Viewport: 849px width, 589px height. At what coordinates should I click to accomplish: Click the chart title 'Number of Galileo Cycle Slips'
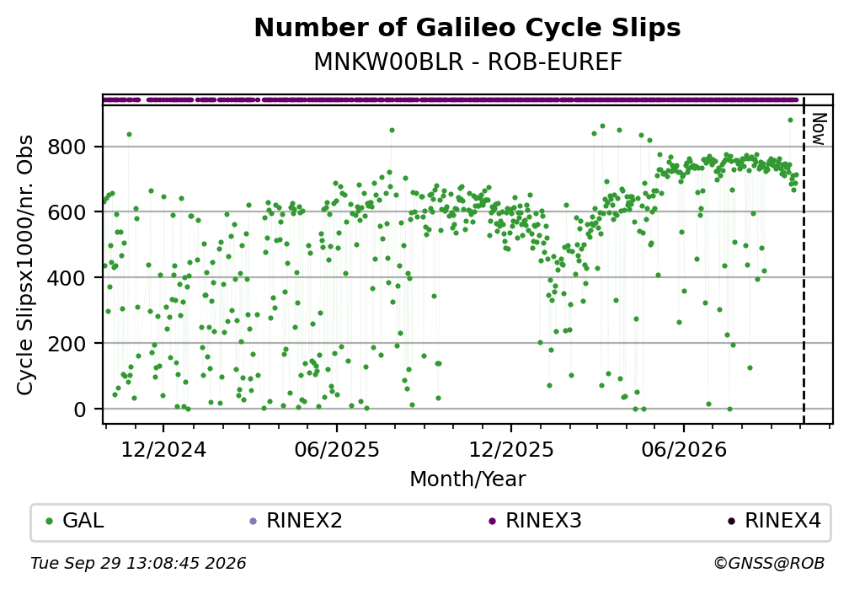(467, 28)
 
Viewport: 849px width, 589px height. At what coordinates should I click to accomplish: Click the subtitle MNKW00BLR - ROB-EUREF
(467, 62)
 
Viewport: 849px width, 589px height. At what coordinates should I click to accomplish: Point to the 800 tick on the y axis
(67, 147)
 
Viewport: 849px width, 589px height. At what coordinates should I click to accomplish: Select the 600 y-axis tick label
(67, 212)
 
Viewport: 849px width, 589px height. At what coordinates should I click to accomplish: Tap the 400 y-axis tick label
(67, 278)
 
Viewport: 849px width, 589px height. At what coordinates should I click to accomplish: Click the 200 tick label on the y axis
(67, 344)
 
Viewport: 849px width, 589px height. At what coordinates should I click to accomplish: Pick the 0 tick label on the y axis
(79, 410)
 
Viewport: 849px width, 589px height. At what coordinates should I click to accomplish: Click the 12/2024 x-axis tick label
(163, 450)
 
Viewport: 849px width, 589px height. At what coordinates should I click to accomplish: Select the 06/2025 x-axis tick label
(337, 450)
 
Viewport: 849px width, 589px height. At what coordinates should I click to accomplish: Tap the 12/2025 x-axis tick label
(511, 450)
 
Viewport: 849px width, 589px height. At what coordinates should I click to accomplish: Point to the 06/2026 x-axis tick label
(684, 450)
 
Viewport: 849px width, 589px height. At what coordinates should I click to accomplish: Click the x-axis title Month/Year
(467, 479)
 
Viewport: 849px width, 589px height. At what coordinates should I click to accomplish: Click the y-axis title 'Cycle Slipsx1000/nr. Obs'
(25, 265)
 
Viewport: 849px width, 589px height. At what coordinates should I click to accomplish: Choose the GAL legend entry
(75, 521)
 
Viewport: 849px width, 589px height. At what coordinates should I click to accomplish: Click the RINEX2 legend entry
(296, 521)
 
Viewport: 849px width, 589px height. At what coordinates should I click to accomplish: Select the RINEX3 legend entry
(535, 521)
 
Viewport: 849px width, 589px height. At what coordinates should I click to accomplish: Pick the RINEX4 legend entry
(774, 521)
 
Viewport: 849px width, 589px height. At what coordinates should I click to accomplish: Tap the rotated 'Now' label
(819, 130)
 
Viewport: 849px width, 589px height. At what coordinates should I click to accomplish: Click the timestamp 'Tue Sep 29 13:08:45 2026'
(138, 564)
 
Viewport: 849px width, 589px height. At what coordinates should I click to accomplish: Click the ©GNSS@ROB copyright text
(769, 564)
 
